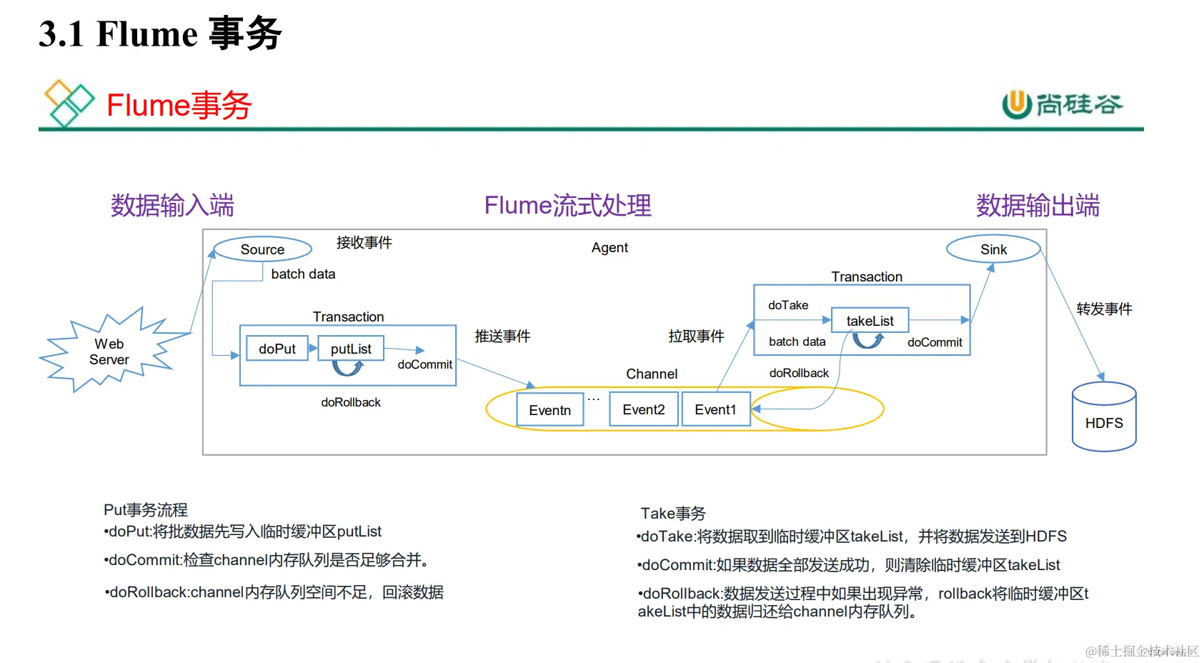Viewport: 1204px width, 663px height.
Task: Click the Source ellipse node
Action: [x=262, y=249]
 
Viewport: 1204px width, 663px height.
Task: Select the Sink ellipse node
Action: [x=993, y=249]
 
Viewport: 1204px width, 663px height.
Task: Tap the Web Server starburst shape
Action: [x=109, y=352]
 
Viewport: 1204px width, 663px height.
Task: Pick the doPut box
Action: [x=277, y=349]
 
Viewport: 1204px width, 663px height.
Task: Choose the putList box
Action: [x=351, y=349]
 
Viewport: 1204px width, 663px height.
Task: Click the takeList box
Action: [x=870, y=321]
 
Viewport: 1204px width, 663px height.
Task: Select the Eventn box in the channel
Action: [x=549, y=410]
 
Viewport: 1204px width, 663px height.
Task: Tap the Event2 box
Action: [x=643, y=409]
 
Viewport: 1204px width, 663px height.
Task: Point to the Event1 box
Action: [x=715, y=409]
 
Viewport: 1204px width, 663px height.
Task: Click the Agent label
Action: [x=610, y=247]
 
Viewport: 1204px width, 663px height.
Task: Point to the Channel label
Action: [x=652, y=374]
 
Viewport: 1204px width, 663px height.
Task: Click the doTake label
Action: [x=788, y=305]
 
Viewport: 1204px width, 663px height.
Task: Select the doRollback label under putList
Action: [x=351, y=402]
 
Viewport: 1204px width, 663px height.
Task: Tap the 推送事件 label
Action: [x=502, y=336]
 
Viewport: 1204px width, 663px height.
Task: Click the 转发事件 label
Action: [x=1104, y=309]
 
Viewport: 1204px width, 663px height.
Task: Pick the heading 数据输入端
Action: [x=172, y=206]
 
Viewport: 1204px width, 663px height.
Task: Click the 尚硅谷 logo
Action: [x=1062, y=105]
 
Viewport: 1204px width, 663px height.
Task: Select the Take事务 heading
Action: [x=673, y=513]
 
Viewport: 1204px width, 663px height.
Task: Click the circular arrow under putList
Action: [x=348, y=368]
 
